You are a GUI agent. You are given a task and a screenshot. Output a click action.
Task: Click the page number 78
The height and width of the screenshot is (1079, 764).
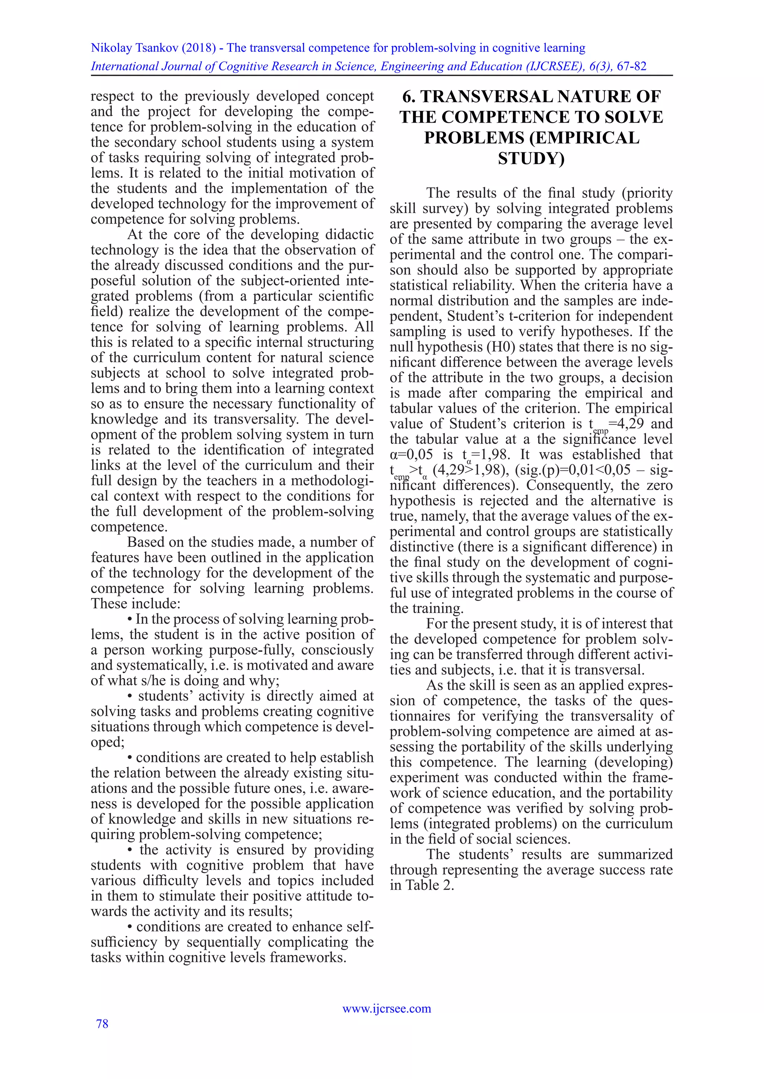(x=102, y=1023)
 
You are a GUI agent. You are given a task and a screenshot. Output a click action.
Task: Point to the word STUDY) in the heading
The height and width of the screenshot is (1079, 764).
(x=531, y=158)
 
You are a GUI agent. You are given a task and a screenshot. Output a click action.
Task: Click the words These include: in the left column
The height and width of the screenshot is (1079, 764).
(x=135, y=604)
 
